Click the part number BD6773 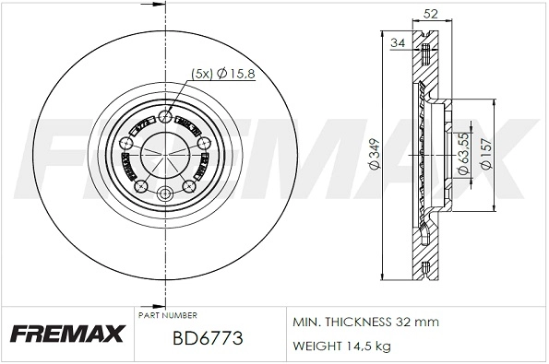click(x=208, y=339)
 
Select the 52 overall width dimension click(x=429, y=13)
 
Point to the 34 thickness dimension click(x=399, y=43)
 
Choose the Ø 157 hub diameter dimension click(x=488, y=157)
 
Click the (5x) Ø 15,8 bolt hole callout click(x=218, y=73)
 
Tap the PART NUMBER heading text click(x=166, y=315)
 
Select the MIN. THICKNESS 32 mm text click(x=365, y=322)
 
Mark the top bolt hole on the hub click(x=165, y=116)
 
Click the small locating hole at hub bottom click(x=165, y=194)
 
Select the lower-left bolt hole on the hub click(x=141, y=187)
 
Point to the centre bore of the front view click(x=165, y=154)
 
